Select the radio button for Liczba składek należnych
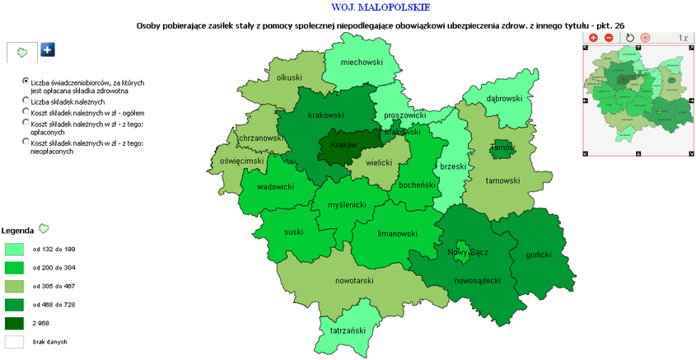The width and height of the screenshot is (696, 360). tap(26, 101)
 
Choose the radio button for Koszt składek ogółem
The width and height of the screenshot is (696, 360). tap(26, 112)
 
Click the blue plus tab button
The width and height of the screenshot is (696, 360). tap(48, 50)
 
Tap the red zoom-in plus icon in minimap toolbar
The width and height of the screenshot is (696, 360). tap(593, 38)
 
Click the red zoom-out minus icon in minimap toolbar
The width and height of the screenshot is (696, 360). tap(609, 38)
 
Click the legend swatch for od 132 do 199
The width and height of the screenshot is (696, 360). tap(15, 248)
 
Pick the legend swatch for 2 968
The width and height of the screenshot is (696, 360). tap(15, 323)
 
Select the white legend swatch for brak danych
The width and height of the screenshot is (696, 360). tap(15, 341)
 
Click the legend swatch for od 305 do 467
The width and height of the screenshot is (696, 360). tap(15, 286)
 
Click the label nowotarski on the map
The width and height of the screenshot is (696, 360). tap(355, 281)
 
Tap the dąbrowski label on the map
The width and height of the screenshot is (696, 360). tap(504, 99)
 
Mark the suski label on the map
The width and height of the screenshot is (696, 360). tap(293, 232)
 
